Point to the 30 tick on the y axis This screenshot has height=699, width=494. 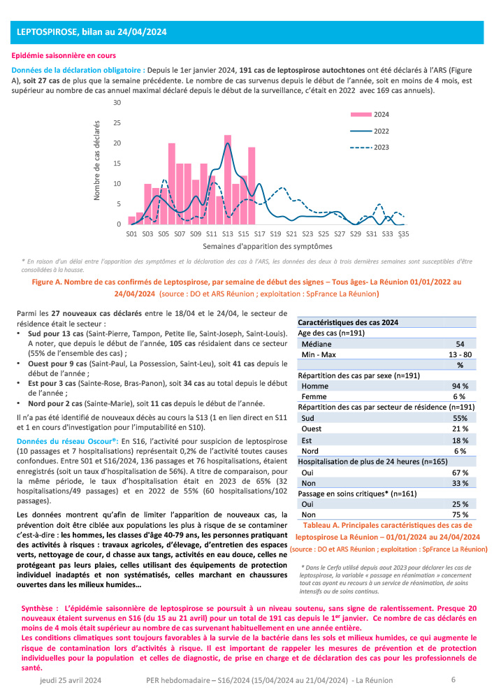click(x=117, y=103)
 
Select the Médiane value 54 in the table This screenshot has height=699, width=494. click(x=460, y=345)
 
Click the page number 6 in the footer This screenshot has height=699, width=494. click(x=453, y=679)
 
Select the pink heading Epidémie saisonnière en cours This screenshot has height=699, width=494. click(x=64, y=55)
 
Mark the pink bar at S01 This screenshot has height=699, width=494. click(x=131, y=220)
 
